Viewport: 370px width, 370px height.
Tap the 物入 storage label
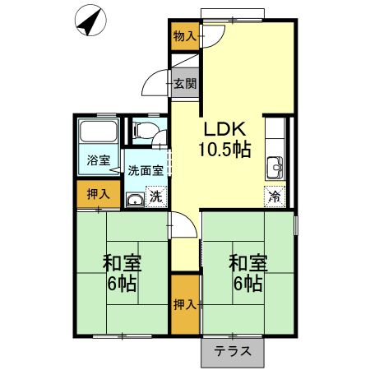[185, 36]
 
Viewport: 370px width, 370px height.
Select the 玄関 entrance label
[184, 83]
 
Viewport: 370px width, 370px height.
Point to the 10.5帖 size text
[224, 150]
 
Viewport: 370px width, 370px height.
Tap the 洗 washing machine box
[155, 197]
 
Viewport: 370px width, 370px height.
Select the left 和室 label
[123, 264]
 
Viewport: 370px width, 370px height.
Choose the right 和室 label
[247, 264]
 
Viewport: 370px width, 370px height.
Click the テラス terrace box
[233, 351]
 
